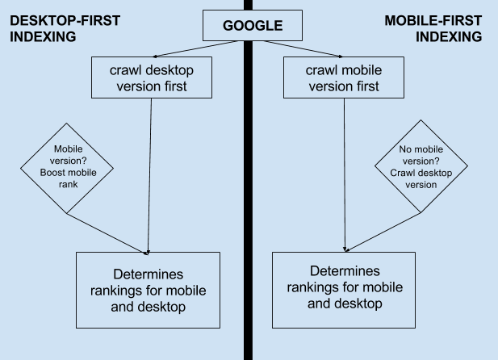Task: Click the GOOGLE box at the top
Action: point(253,25)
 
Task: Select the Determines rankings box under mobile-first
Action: point(344,288)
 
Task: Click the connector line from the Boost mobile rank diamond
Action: point(109,232)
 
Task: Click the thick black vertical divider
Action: point(249,202)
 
